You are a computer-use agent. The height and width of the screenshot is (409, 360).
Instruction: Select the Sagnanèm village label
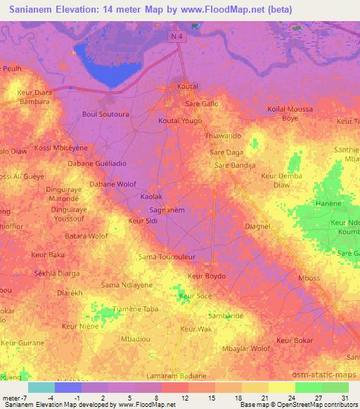(167, 209)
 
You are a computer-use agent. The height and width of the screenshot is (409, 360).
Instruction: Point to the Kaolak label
(151, 197)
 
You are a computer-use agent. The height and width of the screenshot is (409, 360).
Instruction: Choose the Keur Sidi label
(142, 221)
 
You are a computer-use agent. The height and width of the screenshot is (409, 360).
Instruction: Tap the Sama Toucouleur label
(168, 257)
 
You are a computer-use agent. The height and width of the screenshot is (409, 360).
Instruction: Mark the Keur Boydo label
(207, 276)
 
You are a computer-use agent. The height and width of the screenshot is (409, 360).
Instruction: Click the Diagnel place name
(258, 226)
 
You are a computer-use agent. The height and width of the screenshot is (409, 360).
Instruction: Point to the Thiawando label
(222, 135)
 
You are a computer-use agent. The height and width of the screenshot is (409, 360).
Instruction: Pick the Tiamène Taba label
(115, 309)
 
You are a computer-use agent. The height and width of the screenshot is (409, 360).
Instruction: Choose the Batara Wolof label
(88, 236)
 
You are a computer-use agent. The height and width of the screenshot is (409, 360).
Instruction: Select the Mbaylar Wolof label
(246, 348)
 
